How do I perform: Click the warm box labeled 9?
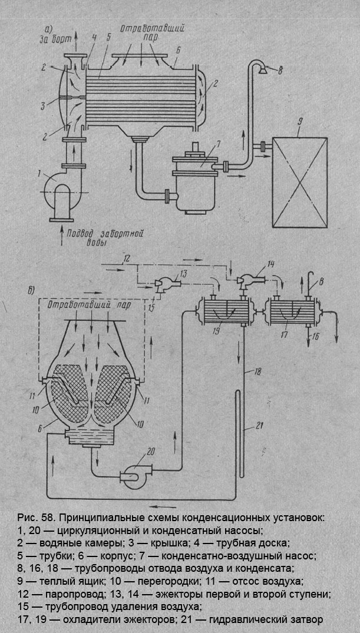click(x=300, y=182)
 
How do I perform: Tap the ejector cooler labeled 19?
click(x=223, y=310)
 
